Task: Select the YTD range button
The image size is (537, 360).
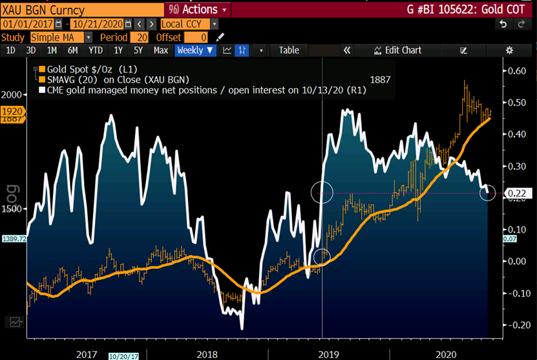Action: click(x=96, y=50)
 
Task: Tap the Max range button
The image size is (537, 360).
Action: click(x=161, y=50)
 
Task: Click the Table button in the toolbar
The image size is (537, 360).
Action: click(x=289, y=50)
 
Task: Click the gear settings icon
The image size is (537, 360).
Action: click(x=509, y=50)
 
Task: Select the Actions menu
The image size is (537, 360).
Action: click(x=200, y=10)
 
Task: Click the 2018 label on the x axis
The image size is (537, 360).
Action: click(x=207, y=354)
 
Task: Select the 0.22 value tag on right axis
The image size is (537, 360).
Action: click(x=515, y=193)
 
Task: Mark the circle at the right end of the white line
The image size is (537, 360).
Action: click(x=488, y=193)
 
